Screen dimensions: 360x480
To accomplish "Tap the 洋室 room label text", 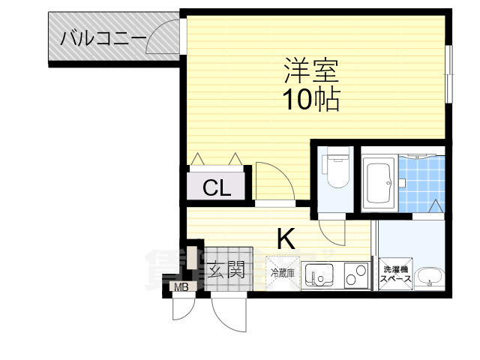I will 311,71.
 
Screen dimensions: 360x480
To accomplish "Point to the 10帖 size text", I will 311,98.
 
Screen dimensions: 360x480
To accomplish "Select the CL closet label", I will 216,187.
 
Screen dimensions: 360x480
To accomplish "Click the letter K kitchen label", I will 286,239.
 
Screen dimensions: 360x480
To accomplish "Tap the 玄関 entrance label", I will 226,270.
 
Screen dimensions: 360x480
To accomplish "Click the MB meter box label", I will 181,287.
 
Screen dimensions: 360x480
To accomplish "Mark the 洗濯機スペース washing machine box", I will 395,274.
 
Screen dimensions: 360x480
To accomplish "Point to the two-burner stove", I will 355,276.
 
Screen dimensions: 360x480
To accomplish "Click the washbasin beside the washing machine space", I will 430,277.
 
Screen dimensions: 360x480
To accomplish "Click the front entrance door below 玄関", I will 228,311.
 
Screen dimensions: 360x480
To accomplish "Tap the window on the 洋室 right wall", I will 449,74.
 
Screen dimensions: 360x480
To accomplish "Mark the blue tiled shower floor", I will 421,184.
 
